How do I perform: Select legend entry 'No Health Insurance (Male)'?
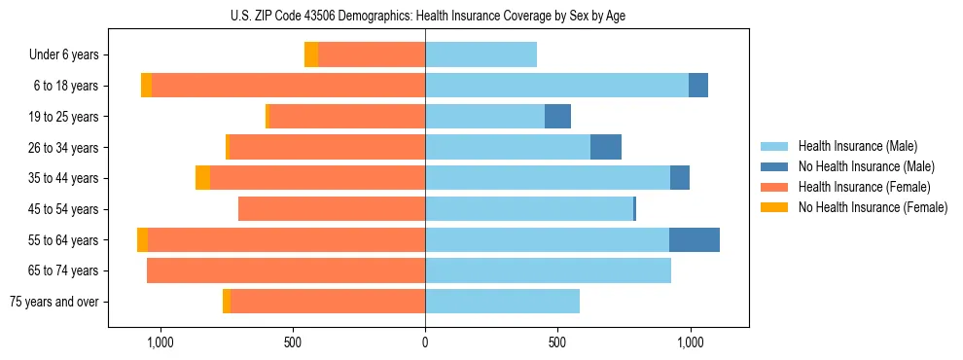click(x=866, y=166)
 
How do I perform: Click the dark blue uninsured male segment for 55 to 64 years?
click(x=695, y=239)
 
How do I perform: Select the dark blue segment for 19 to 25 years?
click(x=557, y=117)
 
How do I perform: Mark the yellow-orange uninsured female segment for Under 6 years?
click(x=311, y=54)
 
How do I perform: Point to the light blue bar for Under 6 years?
click(x=481, y=54)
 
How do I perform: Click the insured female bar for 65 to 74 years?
click(x=286, y=270)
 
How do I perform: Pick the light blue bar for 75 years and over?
click(x=502, y=302)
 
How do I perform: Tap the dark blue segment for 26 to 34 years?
click(x=605, y=147)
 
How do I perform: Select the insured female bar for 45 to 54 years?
click(x=332, y=209)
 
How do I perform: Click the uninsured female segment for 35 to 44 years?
click(x=202, y=178)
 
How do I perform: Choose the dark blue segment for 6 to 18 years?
click(x=698, y=86)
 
